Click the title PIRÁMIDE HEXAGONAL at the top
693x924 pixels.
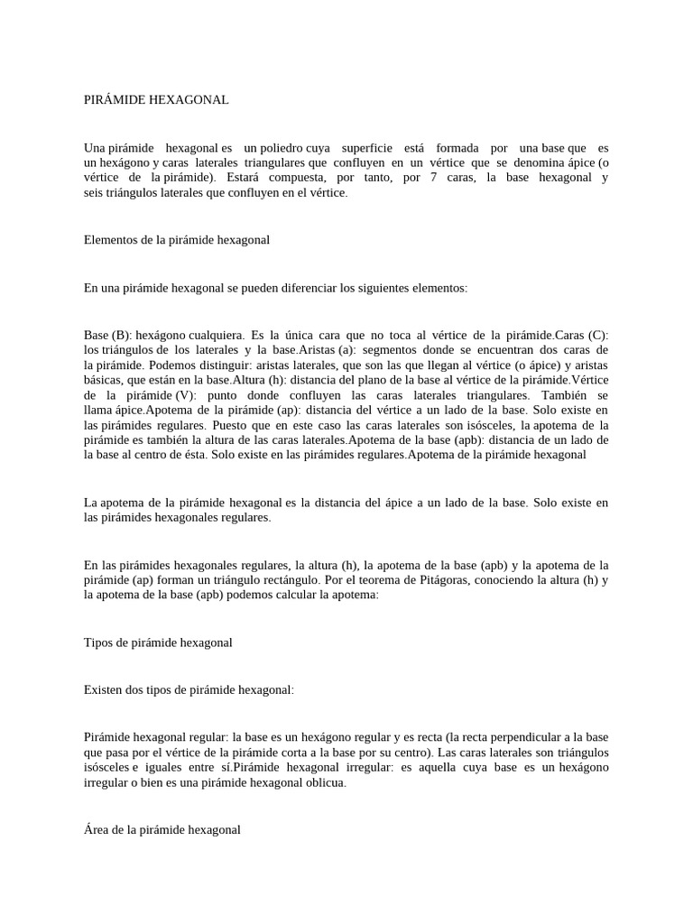[156, 100]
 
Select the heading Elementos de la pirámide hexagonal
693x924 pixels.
[177, 240]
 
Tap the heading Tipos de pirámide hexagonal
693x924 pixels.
[158, 642]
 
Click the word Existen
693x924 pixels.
[104, 689]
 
